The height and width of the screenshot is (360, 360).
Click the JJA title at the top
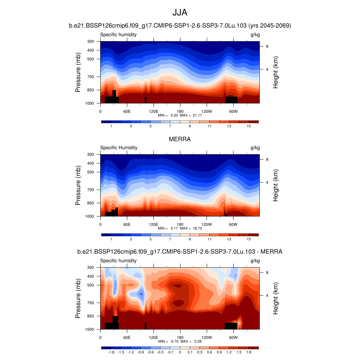[180, 13]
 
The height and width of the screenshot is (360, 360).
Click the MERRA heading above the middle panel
[180, 139]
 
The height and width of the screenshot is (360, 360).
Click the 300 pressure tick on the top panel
[91, 41]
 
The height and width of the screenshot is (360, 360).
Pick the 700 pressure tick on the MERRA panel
[91, 190]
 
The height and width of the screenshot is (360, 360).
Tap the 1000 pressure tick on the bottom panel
[90, 329]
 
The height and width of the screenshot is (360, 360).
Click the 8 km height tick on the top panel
[267, 46]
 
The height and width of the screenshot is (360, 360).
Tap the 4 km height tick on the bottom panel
[267, 295]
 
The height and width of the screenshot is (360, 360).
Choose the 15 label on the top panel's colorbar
[249, 126]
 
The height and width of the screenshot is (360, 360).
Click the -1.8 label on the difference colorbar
[111, 352]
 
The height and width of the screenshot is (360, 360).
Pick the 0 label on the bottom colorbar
[180, 352]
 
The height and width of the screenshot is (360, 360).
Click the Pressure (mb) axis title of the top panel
[78, 72]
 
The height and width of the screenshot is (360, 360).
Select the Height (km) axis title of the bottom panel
[276, 298]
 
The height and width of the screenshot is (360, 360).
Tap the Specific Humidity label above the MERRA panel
[119, 148]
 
